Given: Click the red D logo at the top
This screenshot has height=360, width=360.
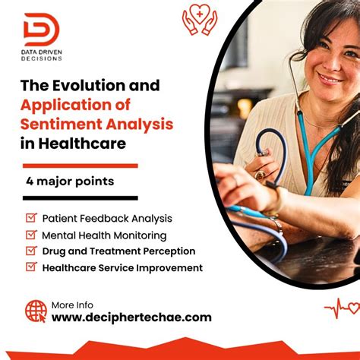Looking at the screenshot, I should (x=41, y=29).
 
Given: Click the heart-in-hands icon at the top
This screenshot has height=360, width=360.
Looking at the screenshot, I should (x=200, y=20).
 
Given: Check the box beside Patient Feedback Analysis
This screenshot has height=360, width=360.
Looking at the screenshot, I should (x=31, y=217).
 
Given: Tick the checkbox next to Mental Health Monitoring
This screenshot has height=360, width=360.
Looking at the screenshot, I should (x=31, y=234).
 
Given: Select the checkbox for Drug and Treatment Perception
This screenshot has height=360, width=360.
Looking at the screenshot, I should (x=31, y=250).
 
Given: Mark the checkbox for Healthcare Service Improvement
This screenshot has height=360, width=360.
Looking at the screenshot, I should (x=31, y=267).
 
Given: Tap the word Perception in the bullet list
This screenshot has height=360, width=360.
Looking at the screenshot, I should (x=168, y=251).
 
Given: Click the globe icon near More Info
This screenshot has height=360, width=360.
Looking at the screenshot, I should (x=36, y=310).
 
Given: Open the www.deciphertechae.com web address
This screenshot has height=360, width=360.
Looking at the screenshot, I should (x=131, y=317).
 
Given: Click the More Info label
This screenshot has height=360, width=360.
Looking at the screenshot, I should (x=72, y=304).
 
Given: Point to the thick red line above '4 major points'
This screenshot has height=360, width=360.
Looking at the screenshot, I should (x=80, y=165).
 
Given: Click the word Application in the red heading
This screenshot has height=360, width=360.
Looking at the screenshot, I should (x=69, y=104).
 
